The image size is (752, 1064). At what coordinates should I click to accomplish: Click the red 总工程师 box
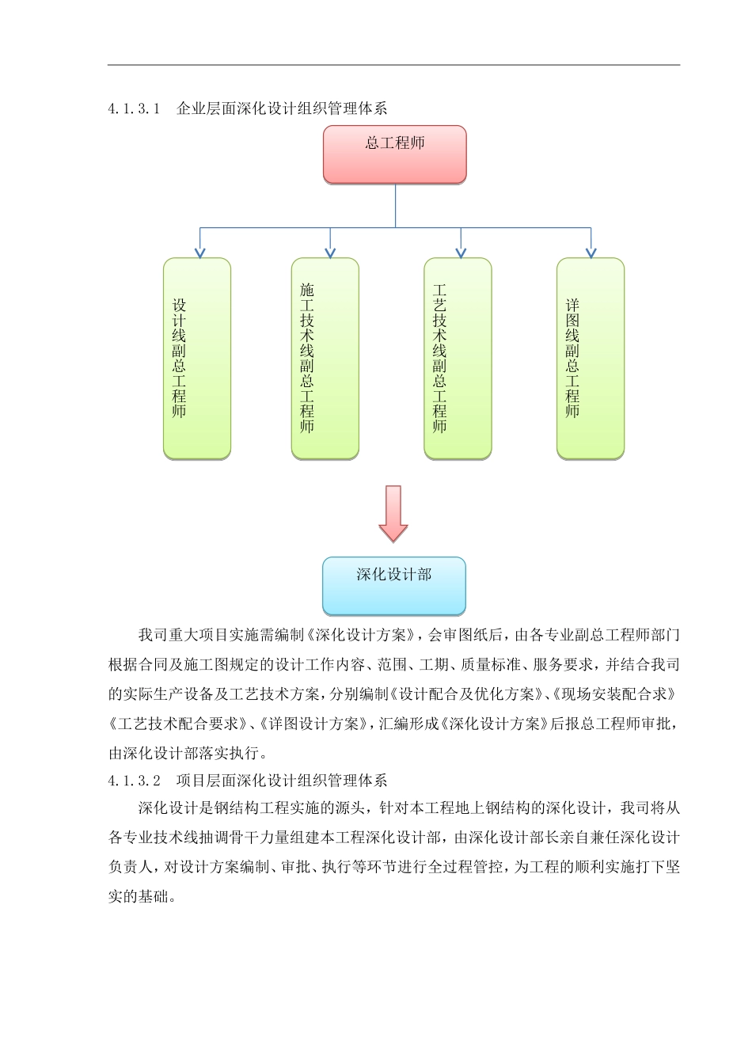(394, 154)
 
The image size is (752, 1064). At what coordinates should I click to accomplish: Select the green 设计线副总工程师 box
(197, 358)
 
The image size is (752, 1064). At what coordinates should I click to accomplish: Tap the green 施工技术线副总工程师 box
(325, 358)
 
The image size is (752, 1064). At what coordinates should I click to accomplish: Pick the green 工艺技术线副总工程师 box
(458, 358)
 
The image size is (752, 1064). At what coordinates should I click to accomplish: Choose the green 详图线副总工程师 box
(590, 358)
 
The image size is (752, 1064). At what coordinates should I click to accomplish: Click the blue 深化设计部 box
(394, 586)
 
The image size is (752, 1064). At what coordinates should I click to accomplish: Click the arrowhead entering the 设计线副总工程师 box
(200, 253)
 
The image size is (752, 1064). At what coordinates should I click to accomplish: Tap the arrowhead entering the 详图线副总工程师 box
(590, 253)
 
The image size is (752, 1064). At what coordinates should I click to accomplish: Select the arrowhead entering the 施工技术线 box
(330, 253)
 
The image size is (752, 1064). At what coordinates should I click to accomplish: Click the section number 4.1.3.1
(135, 108)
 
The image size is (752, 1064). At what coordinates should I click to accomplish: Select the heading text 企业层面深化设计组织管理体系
(282, 108)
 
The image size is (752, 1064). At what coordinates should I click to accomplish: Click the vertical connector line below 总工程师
(395, 206)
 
